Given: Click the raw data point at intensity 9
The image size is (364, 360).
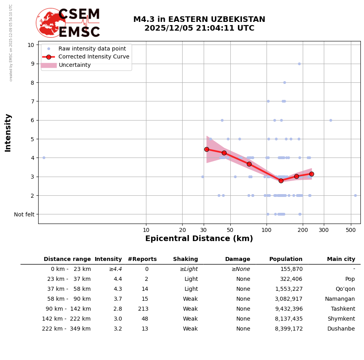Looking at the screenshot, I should click(x=299, y=64).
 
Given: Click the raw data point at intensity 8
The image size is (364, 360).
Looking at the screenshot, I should click(x=284, y=82).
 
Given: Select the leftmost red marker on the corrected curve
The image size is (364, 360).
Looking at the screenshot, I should click(x=206, y=149).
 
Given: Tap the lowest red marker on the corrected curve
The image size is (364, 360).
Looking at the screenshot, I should click(x=281, y=181).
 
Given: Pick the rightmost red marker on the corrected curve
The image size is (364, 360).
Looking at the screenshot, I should click(x=311, y=174).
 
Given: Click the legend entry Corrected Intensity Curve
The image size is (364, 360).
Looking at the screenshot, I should click(x=93, y=57).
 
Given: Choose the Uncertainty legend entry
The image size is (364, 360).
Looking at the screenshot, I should click(x=74, y=65).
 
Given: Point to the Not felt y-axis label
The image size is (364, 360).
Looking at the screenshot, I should click(x=24, y=214).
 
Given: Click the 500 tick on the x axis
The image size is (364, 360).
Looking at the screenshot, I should click(x=351, y=230).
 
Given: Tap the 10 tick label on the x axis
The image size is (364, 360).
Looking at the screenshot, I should click(x=146, y=230).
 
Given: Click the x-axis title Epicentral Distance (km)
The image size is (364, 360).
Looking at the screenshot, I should click(x=199, y=239).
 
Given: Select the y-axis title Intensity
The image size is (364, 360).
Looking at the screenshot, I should click(x=8, y=132).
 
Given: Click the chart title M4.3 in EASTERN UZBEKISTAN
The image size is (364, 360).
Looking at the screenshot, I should click(x=199, y=19).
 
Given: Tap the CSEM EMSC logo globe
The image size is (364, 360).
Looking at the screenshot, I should click(x=51, y=23).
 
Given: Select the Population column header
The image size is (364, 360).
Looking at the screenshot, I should click(x=286, y=259).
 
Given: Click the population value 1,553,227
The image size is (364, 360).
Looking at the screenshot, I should click(x=289, y=289).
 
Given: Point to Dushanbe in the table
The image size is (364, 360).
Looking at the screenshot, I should click(x=341, y=329).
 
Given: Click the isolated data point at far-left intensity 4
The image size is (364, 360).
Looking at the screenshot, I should click(x=44, y=158).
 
